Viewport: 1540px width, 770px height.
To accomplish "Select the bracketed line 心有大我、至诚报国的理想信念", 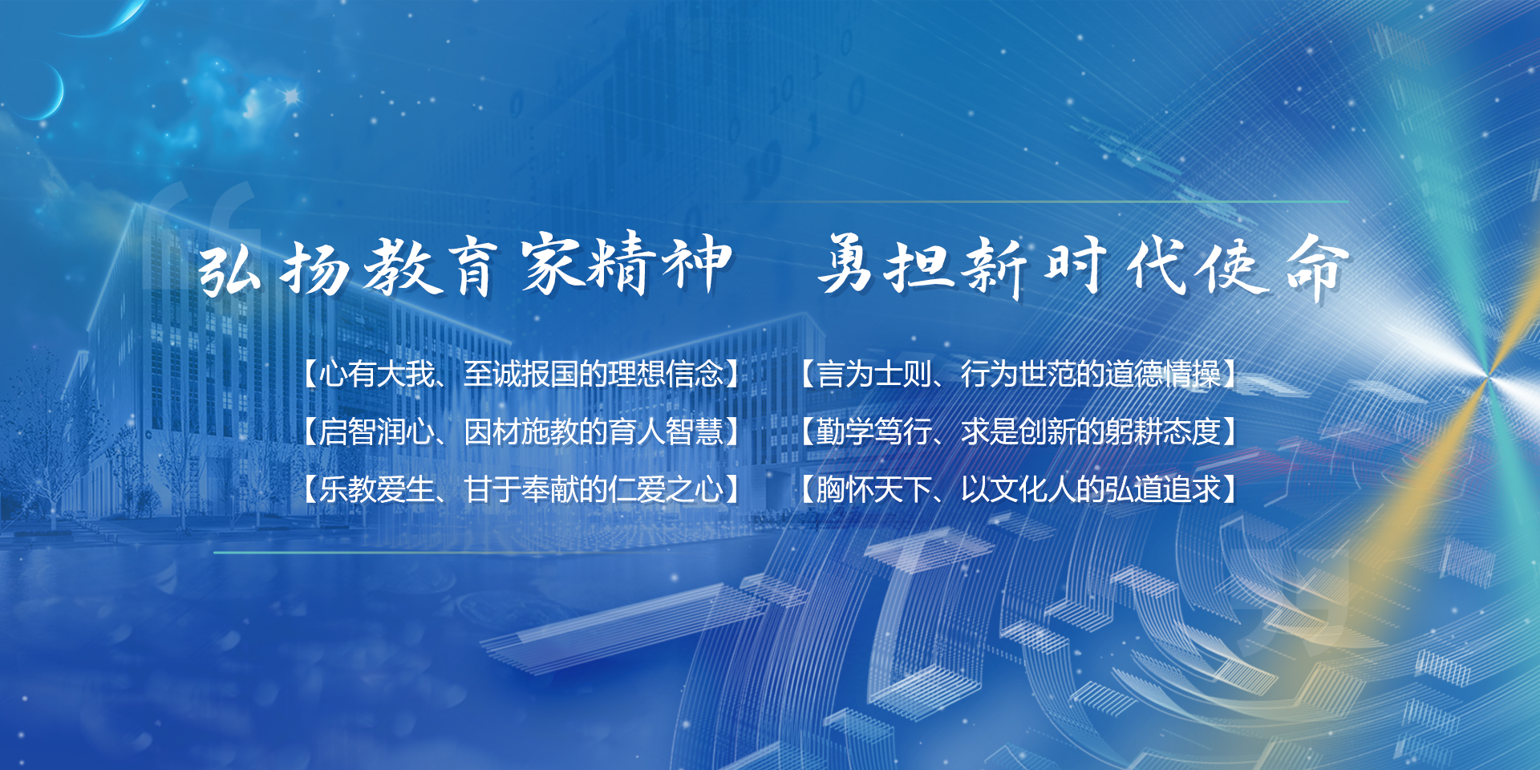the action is [521, 374].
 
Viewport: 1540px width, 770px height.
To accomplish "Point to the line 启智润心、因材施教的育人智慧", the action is [521, 432].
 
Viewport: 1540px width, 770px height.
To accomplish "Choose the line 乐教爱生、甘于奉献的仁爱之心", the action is [521, 489].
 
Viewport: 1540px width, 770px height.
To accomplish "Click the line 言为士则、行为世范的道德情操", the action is [1019, 374].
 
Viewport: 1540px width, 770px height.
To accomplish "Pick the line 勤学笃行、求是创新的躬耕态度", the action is [1019, 432].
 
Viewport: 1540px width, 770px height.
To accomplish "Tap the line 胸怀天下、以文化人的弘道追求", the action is [1019, 489].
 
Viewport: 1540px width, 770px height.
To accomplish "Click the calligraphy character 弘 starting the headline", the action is [230, 269].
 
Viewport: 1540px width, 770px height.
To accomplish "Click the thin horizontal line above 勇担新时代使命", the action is [1051, 201].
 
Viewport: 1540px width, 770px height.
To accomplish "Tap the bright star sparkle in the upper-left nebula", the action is [291, 96].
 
